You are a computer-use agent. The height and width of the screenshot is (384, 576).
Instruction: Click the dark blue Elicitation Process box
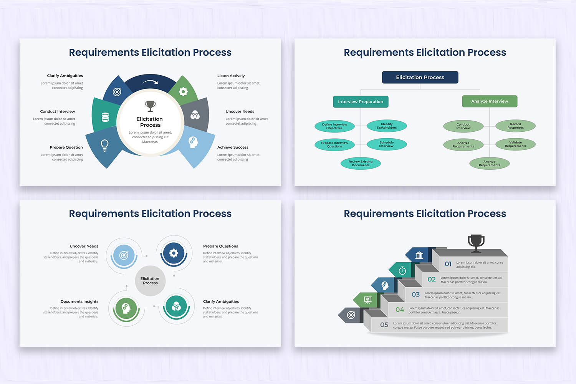(x=420, y=77)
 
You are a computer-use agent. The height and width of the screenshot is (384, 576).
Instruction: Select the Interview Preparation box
(x=360, y=102)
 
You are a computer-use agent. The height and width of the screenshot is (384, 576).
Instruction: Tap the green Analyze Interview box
(x=489, y=101)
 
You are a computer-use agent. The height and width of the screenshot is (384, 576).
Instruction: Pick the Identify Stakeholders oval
(x=386, y=126)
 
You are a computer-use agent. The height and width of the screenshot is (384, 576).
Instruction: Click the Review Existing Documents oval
(x=361, y=163)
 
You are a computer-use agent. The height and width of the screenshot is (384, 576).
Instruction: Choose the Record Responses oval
(x=515, y=126)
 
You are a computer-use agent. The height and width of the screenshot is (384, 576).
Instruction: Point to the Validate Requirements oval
(x=515, y=144)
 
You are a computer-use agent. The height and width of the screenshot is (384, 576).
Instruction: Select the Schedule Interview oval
(x=386, y=144)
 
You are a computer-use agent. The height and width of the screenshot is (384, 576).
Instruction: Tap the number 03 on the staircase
(x=415, y=295)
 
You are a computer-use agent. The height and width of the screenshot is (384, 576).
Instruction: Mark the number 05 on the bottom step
(x=384, y=325)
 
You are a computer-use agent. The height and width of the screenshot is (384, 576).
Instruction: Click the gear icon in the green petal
(x=183, y=91)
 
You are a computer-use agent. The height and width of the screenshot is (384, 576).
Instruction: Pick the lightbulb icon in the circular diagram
(x=104, y=145)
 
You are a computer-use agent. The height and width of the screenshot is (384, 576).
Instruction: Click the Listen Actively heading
(x=231, y=76)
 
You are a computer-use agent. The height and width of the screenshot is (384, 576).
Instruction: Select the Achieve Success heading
(x=233, y=147)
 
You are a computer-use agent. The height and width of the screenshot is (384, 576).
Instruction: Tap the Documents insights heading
(x=79, y=301)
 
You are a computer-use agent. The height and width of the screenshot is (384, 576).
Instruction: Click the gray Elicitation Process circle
(x=150, y=281)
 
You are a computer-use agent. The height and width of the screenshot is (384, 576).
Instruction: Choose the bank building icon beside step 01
(x=419, y=255)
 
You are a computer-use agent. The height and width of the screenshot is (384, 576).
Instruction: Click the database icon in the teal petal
(x=105, y=117)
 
